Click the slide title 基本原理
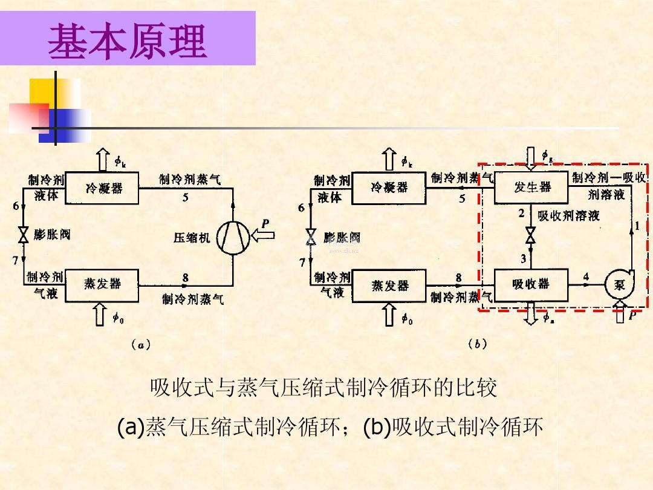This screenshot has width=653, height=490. coord(128,42)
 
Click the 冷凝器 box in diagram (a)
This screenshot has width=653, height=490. coord(103,188)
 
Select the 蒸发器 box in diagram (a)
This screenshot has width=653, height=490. coord(102,283)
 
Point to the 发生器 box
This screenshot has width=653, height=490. coord(531,188)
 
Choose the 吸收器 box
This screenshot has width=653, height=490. coord(531,284)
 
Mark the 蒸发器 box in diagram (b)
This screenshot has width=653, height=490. coord(389,285)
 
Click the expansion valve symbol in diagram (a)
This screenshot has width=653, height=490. coord(24,235)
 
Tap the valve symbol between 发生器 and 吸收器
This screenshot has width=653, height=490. coord(531,235)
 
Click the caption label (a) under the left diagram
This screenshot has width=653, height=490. coord(140,344)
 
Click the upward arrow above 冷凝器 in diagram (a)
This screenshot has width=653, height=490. coord(102,160)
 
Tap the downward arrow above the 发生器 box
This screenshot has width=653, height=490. coord(531,157)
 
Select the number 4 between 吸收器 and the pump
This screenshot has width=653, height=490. coord(585,276)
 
